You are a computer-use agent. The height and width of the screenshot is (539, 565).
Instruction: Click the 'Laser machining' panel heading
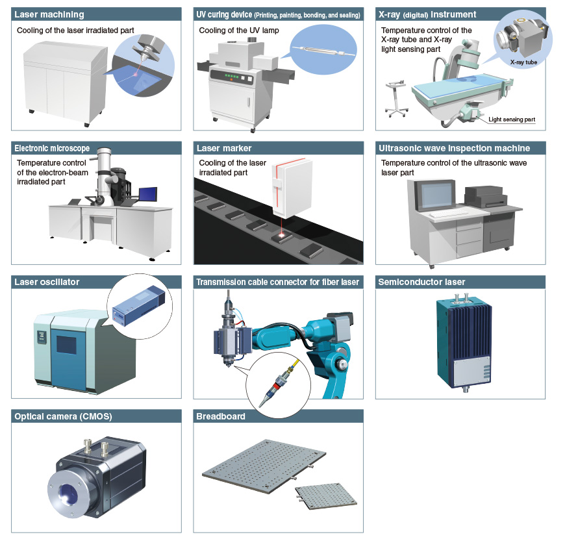point(49,14)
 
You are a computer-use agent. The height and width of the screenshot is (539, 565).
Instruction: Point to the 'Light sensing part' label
point(512,120)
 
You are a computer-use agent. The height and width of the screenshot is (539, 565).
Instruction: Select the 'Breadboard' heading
point(221,416)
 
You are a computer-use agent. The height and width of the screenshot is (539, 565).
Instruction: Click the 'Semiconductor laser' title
point(421,282)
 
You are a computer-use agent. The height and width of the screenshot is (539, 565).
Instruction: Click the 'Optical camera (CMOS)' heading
point(63,416)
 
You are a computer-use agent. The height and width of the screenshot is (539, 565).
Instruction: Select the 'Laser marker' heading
point(224,148)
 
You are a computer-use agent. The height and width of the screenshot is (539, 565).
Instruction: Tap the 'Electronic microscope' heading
point(52,148)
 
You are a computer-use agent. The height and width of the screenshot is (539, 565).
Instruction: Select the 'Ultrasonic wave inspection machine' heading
point(454,148)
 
